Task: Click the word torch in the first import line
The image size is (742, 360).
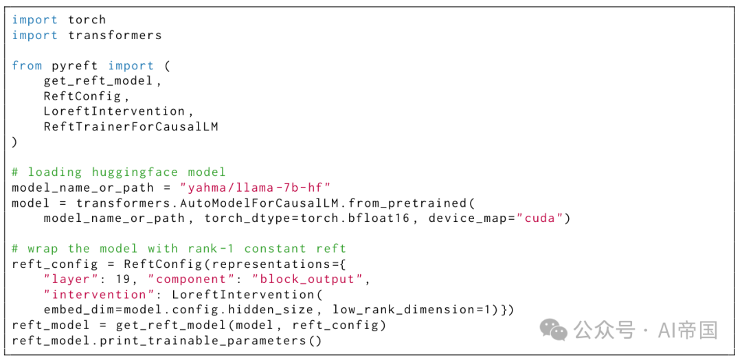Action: coord(87,20)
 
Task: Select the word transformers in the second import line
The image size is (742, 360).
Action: coord(115,36)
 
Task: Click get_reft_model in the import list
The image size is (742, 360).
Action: coord(98,81)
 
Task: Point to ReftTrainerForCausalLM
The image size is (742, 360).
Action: coord(131,127)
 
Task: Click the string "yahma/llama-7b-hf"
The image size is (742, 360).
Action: coord(255,188)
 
